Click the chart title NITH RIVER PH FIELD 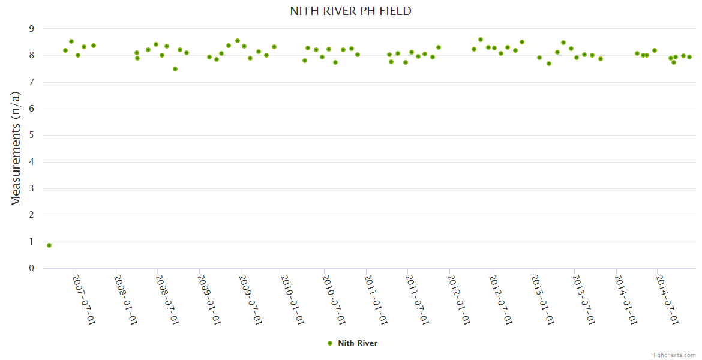[350, 11]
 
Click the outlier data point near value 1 [49, 245]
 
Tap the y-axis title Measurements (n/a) [16, 148]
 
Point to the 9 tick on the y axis [32, 29]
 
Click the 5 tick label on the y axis [32, 136]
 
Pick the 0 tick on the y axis [32, 268]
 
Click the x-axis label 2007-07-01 [84, 299]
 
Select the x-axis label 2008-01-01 [126, 299]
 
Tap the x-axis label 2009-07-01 [251, 299]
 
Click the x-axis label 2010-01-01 [293, 299]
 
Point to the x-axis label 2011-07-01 [418, 299]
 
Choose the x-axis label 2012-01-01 [460, 299]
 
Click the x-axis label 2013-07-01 [584, 299]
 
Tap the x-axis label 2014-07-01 [667, 299]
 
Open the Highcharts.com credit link [673, 355]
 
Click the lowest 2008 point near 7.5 [175, 69]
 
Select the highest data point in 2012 [481, 40]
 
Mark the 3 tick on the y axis [32, 188]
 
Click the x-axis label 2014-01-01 [626, 299]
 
